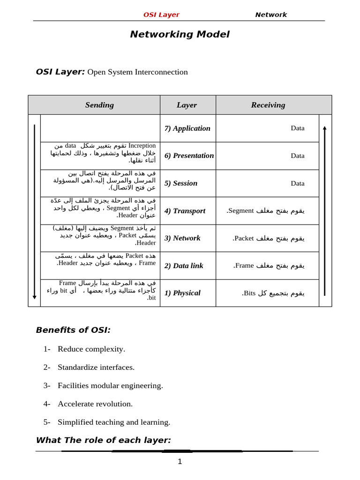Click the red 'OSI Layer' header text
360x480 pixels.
pos(161,15)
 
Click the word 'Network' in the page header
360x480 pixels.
pos(270,15)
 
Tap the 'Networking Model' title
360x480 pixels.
pos(180,34)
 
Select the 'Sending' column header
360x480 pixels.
pos(99,105)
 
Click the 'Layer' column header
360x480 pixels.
pos(187,105)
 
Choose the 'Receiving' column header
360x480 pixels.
pos(268,105)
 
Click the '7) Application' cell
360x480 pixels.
pos(187,128)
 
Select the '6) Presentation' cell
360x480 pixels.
pos(189,156)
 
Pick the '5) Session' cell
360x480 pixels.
pos(181,183)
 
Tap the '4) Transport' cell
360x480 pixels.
pos(185,211)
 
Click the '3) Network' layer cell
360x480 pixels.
pos(182,238)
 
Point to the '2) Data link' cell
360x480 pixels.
pos(184,266)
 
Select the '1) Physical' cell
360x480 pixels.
pos(182,293)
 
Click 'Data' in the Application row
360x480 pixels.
pos(297,128)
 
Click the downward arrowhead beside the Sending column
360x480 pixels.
pos(35,297)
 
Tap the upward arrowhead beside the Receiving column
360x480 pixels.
pos(324,128)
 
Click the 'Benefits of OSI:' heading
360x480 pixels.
pos(73,330)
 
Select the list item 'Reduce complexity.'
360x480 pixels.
pos(91,349)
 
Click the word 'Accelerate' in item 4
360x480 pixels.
pos(75,404)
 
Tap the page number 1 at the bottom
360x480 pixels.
pos(180,462)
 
